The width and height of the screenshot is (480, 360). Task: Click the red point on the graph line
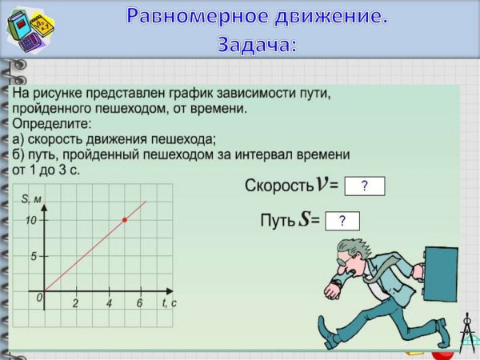[124, 219]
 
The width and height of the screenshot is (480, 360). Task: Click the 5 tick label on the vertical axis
[34, 256]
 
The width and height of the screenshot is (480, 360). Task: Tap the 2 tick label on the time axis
[75, 304]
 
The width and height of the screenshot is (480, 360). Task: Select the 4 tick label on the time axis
[109, 304]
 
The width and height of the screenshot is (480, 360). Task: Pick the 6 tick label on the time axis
[139, 304]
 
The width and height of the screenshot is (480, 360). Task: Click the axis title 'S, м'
[32, 199]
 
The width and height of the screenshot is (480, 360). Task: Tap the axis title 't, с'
[169, 303]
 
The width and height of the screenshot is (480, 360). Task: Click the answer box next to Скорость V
[364, 186]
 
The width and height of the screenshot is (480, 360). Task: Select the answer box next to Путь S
[342, 222]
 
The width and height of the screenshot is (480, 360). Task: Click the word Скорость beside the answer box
[278, 186]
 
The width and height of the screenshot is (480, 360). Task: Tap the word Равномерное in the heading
[198, 17]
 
